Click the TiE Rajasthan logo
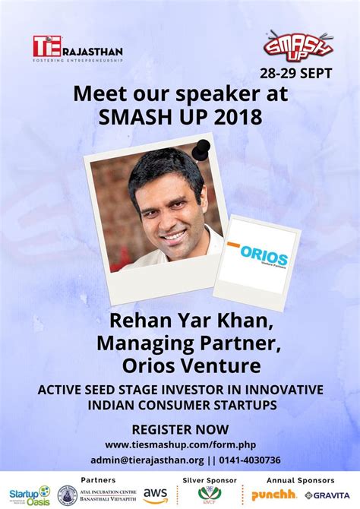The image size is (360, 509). (77, 49)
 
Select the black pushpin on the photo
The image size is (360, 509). (201, 149)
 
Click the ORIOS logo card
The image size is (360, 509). (256, 257)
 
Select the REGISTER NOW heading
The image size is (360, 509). (179, 428)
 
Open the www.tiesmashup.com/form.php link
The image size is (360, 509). (179, 444)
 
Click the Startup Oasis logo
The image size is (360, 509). (29, 495)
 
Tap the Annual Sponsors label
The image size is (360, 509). (299, 480)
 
